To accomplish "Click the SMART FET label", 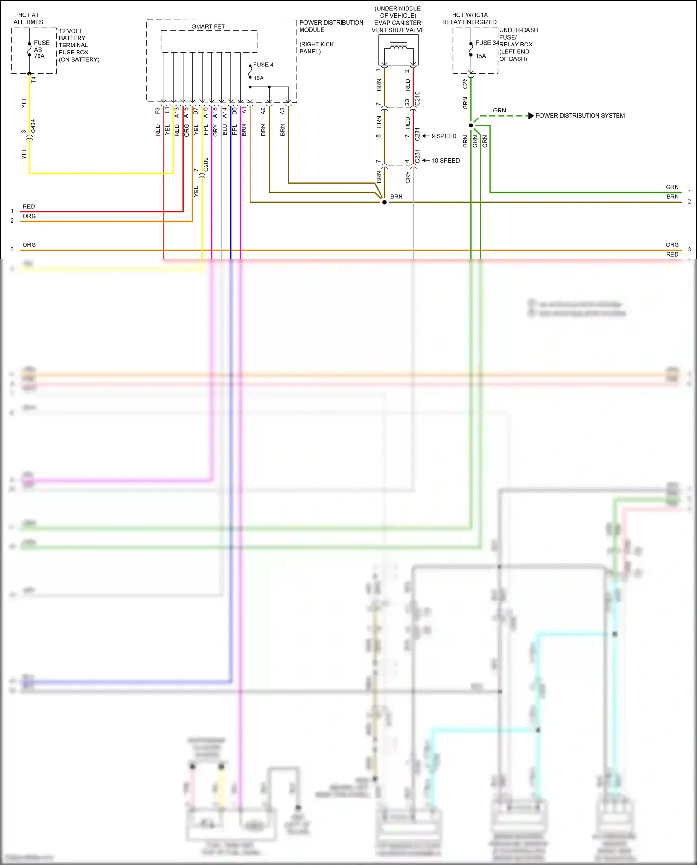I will (x=208, y=26).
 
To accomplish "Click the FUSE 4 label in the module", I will (x=263, y=65).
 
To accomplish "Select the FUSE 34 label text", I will (x=487, y=43).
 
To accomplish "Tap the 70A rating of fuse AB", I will (x=39, y=56).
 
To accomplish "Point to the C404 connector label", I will (x=33, y=126).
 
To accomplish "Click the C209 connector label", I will (x=206, y=165).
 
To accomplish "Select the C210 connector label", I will (x=417, y=99).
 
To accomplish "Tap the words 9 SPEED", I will (x=444, y=136).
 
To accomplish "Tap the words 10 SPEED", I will (x=445, y=161).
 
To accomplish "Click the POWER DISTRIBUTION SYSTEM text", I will (x=579, y=116).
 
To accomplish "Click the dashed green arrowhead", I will (x=531, y=116).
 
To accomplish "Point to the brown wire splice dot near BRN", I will (x=384, y=202).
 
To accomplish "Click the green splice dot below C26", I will (x=471, y=125).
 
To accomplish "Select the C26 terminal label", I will (x=465, y=84).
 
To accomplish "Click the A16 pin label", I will (x=205, y=112).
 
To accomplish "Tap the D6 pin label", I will (x=234, y=111).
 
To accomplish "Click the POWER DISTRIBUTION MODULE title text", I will (x=331, y=26).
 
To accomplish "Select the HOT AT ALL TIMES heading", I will (x=28, y=19).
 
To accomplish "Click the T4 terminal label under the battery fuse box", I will (x=33, y=79).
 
